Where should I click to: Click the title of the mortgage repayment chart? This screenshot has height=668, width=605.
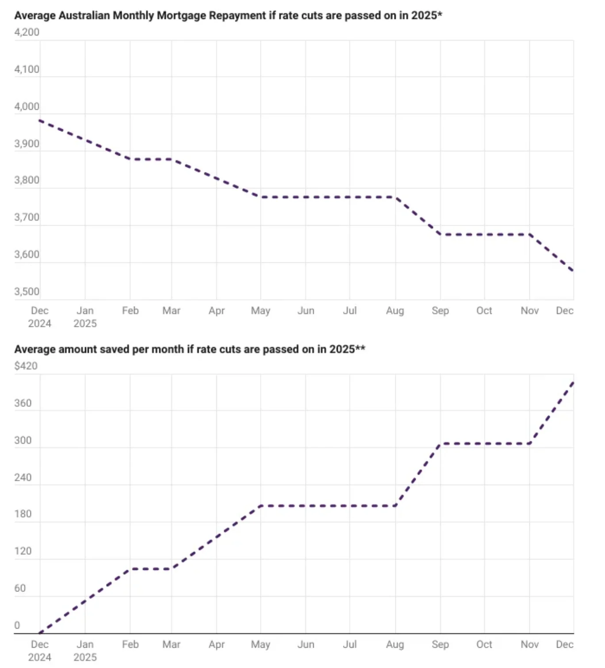point(228,15)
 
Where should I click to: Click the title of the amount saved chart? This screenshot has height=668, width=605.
point(190,349)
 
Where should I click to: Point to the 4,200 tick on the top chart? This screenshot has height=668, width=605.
point(27,32)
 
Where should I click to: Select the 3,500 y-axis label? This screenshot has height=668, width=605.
point(27,292)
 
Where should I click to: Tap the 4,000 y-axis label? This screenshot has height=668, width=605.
point(27,107)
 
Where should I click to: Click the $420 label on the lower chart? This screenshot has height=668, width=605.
point(26,366)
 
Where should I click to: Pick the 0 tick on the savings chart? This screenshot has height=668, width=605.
point(17,625)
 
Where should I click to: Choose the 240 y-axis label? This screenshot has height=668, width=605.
point(23,477)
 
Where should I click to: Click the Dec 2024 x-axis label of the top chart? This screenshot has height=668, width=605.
point(40,317)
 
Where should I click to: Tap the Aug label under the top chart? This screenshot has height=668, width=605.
point(395,311)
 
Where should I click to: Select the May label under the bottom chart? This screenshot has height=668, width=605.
point(260,644)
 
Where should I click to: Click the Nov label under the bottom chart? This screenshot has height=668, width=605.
point(529,644)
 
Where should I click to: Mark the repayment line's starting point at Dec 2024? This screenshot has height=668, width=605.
point(40,120)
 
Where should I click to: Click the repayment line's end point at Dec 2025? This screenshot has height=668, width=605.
point(573,271)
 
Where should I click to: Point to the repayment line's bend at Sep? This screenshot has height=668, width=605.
point(440,234)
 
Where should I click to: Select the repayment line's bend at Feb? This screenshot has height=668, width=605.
point(130,159)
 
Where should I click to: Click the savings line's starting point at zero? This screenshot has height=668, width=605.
point(40,633)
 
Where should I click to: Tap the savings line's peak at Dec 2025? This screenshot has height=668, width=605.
point(573,382)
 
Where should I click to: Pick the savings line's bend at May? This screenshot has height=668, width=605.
point(260,505)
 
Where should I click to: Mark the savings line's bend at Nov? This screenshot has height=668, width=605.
point(529,443)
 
